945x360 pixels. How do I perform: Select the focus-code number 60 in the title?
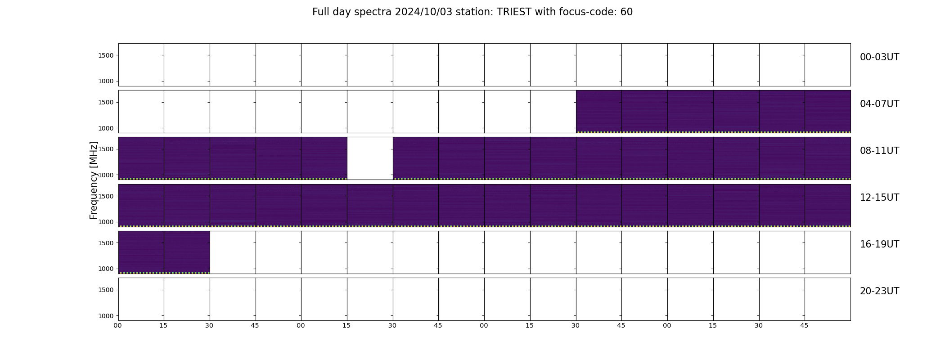pos(626,12)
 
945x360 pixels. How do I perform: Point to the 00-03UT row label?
pos(879,57)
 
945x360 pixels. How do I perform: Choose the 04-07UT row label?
pos(879,104)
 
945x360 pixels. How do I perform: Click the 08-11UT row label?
pos(879,151)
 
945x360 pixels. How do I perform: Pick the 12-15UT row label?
pos(879,198)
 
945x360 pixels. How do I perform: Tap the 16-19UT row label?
pos(879,244)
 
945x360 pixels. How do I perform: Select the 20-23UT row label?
pos(879,291)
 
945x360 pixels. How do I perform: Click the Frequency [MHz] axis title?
pos(94,180)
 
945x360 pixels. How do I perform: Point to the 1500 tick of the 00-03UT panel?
pos(106,55)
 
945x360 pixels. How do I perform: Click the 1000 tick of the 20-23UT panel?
pos(106,316)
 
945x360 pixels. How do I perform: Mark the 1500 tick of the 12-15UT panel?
pos(106,196)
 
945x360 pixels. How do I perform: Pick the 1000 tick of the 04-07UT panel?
pos(106,128)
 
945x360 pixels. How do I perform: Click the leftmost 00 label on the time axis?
pos(118,325)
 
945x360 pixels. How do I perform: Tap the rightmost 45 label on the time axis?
pos(805,325)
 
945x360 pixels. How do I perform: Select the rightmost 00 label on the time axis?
pos(667,325)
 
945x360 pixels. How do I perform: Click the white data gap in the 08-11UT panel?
pos(370,158)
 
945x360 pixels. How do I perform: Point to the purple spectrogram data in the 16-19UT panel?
pos(164,252)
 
